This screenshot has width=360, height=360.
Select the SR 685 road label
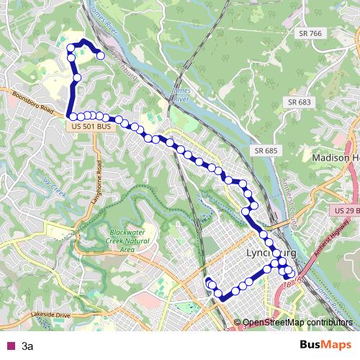266,150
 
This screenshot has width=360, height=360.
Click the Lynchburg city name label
273,256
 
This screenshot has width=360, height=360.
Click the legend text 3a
27,346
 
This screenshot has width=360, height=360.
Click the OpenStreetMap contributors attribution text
295,323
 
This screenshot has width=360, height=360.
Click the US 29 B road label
346,210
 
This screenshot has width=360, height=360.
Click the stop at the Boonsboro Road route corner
73,116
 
